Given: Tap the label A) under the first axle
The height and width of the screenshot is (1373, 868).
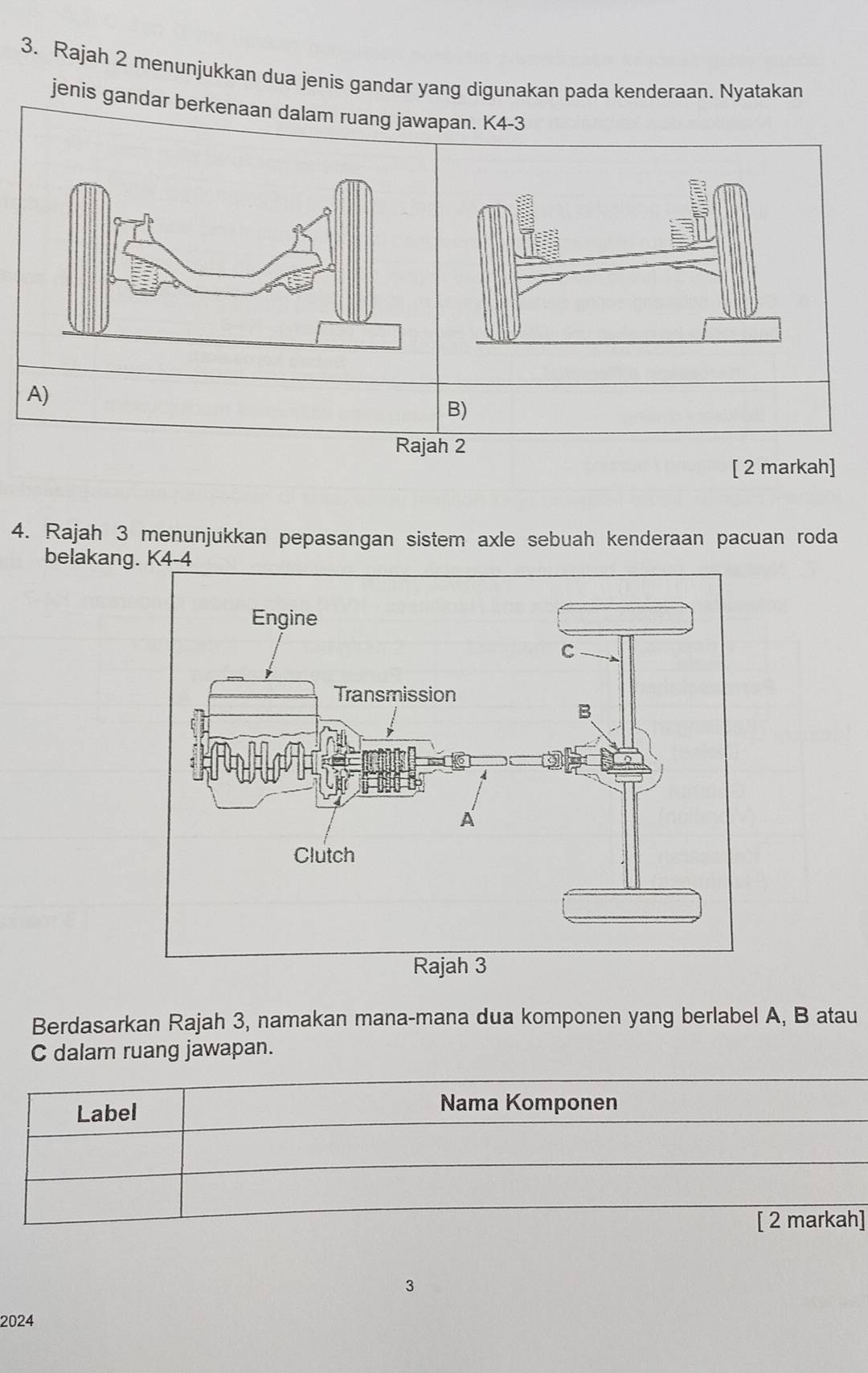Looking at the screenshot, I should tap(38, 394).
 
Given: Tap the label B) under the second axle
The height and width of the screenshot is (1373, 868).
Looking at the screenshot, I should tap(457, 410).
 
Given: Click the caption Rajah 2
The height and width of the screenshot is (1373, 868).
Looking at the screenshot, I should tap(431, 447).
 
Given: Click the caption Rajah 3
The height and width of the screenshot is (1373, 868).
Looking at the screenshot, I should tap(449, 966).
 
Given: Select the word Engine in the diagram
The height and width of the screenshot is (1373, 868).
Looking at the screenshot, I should tap(285, 619).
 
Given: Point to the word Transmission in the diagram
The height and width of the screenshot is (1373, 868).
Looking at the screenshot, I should tap(395, 694).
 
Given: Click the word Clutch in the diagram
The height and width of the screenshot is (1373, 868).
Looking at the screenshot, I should tap(324, 856).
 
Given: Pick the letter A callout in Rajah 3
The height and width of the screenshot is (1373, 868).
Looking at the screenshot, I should tap(466, 820).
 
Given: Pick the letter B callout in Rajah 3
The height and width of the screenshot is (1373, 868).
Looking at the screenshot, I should tap(584, 712).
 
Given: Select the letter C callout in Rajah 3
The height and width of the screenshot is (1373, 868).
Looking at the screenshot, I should tap(567, 652).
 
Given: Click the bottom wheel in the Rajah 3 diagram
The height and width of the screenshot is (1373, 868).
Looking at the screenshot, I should tap(634, 905).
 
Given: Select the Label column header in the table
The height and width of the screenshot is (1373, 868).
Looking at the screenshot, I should tap(106, 1113).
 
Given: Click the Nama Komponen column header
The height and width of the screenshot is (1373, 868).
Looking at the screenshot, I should tap(529, 1102).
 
